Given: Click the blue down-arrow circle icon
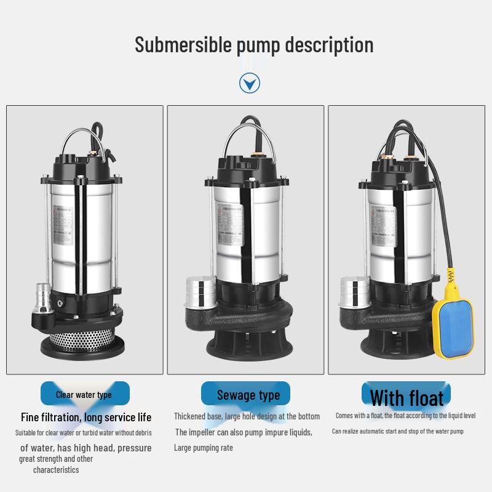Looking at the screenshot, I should pyautogui.click(x=249, y=83).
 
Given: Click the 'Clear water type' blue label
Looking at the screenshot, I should pyautogui.click(x=84, y=394).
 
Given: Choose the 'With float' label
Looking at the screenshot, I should pyautogui.click(x=407, y=397).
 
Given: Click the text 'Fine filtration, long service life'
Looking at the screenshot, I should pyautogui.click(x=86, y=417).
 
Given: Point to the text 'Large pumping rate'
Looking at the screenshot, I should pyautogui.click(x=204, y=448).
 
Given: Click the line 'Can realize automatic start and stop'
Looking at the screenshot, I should pyautogui.click(x=397, y=431).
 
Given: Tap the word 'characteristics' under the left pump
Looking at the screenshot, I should pyautogui.click(x=56, y=470).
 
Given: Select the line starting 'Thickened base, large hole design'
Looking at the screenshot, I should pyautogui.click(x=247, y=416).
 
